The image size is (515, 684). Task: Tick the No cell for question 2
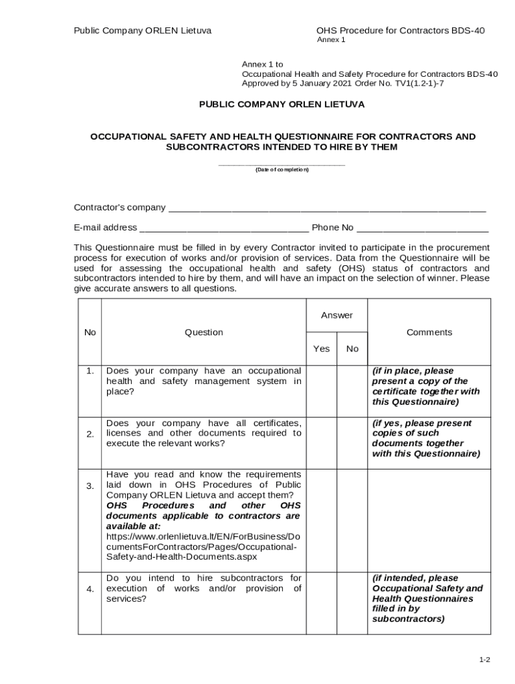(x=352, y=442)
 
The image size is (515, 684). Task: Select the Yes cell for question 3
(x=322, y=520)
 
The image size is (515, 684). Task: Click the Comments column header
(x=429, y=332)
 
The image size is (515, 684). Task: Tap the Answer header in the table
(x=336, y=315)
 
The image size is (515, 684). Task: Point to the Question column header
(x=204, y=332)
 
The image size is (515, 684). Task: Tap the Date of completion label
(x=282, y=170)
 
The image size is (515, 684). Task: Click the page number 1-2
(x=484, y=660)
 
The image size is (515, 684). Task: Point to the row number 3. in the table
(x=90, y=486)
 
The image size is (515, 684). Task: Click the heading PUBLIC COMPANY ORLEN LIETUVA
(x=282, y=105)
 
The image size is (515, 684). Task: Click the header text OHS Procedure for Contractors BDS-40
(x=400, y=31)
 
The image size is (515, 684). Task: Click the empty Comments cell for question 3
(x=429, y=520)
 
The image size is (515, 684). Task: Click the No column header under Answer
(x=352, y=349)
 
